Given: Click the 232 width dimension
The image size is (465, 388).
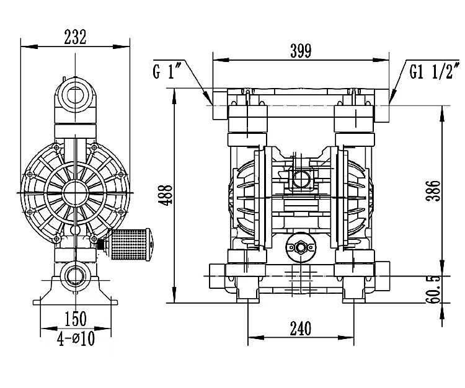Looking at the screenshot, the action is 75,37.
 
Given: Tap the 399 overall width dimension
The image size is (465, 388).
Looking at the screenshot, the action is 301,51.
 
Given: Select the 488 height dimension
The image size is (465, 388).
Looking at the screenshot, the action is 165,195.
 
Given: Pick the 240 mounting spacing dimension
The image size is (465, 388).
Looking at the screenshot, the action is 301,328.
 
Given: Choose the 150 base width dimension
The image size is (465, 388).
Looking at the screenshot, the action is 76,319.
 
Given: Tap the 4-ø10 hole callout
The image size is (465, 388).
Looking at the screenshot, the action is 76,338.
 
